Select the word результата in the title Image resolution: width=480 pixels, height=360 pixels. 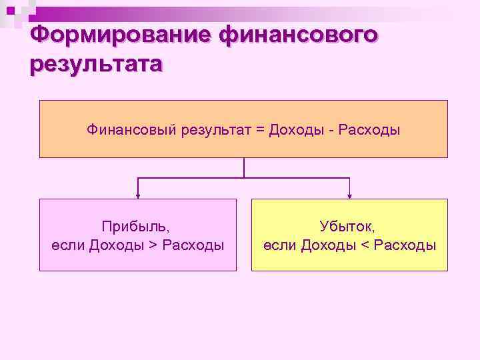pos(95,65)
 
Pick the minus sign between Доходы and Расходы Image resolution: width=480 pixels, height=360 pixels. pos(331,129)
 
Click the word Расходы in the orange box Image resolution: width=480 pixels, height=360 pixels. pos(369,129)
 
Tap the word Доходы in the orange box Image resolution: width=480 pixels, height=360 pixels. pos(296,129)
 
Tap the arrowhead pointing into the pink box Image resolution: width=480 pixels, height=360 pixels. pos(138,195)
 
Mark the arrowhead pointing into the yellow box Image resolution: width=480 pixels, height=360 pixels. pos(350,195)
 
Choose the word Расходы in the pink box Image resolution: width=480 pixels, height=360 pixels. pos(193,245)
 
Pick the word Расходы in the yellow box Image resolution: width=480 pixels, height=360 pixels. pos(405,245)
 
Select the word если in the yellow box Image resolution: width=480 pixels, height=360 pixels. pos(279,245)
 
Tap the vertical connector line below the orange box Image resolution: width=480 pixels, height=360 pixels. pos(244,167)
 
